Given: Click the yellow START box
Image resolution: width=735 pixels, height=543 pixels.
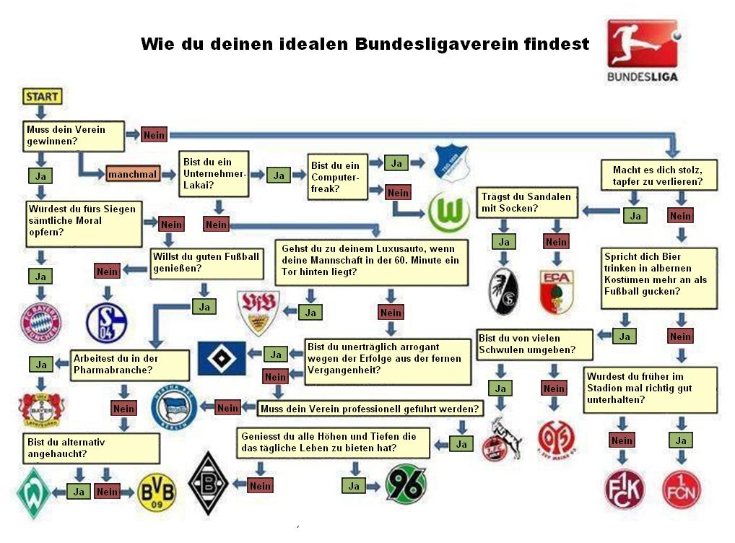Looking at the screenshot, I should pyautogui.click(x=42, y=95).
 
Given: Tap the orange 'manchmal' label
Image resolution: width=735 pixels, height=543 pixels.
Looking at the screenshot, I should pyautogui.click(x=132, y=175).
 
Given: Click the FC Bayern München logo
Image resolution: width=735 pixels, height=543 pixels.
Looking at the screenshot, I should pyautogui.click(x=40, y=322).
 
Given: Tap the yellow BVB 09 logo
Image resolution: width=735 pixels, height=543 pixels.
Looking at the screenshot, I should pyautogui.click(x=156, y=492).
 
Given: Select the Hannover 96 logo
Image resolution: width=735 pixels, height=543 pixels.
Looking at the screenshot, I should pyautogui.click(x=406, y=482).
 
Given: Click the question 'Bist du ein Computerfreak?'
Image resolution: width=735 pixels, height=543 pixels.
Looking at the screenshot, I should pyautogui.click(x=336, y=177).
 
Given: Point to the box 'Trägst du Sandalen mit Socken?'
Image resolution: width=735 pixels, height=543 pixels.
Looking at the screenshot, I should pyautogui.click(x=527, y=202).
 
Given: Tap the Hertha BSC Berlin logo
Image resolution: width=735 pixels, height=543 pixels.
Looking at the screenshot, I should pyautogui.click(x=174, y=408).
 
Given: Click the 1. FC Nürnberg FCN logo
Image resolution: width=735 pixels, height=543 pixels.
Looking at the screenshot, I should pyautogui.click(x=681, y=490).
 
